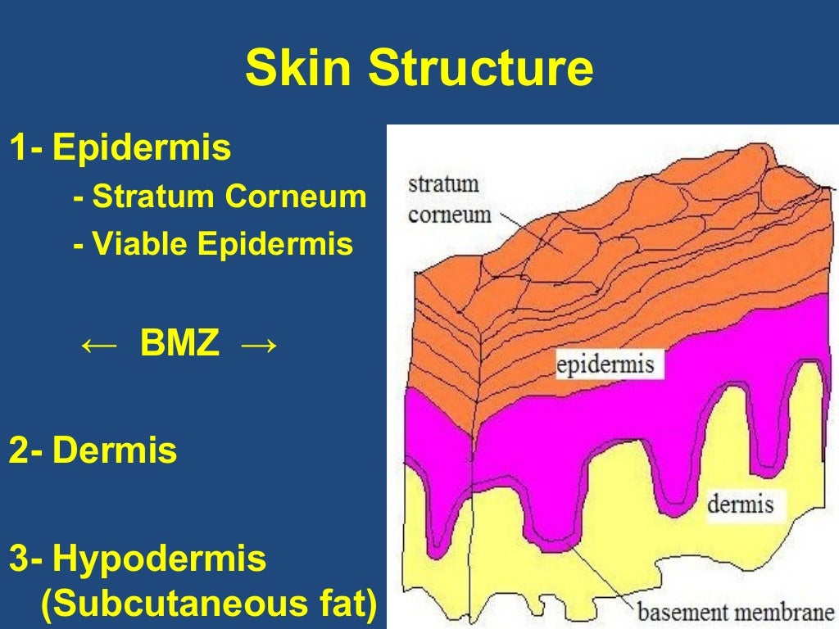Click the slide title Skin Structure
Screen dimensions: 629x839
[419, 69]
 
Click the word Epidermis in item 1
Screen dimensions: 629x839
[142, 148]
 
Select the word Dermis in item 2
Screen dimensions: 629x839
[115, 451]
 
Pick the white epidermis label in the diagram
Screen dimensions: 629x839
[605, 364]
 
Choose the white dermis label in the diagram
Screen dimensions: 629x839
[740, 503]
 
